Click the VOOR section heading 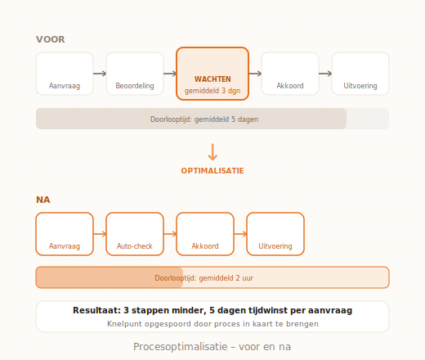[x=51, y=39]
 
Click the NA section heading [x=43, y=200]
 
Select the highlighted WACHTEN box [x=212, y=74]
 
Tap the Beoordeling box [x=135, y=74]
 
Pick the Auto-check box [x=135, y=234]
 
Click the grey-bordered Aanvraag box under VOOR [x=65, y=74]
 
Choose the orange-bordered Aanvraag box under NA [x=65, y=234]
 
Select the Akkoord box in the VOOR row [x=290, y=74]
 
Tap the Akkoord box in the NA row [x=205, y=234]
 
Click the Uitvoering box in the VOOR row [x=360, y=74]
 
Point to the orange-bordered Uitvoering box [x=275, y=234]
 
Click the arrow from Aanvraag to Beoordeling [x=100, y=74]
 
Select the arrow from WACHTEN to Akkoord [x=255, y=74]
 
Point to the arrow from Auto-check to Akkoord [x=170, y=234]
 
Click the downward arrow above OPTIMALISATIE [x=212, y=152]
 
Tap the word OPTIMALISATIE [x=212, y=171]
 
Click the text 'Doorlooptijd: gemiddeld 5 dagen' [x=204, y=119]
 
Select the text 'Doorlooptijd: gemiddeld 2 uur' [x=204, y=278]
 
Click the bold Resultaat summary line [x=212, y=311]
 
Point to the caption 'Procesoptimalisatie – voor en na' [x=212, y=347]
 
